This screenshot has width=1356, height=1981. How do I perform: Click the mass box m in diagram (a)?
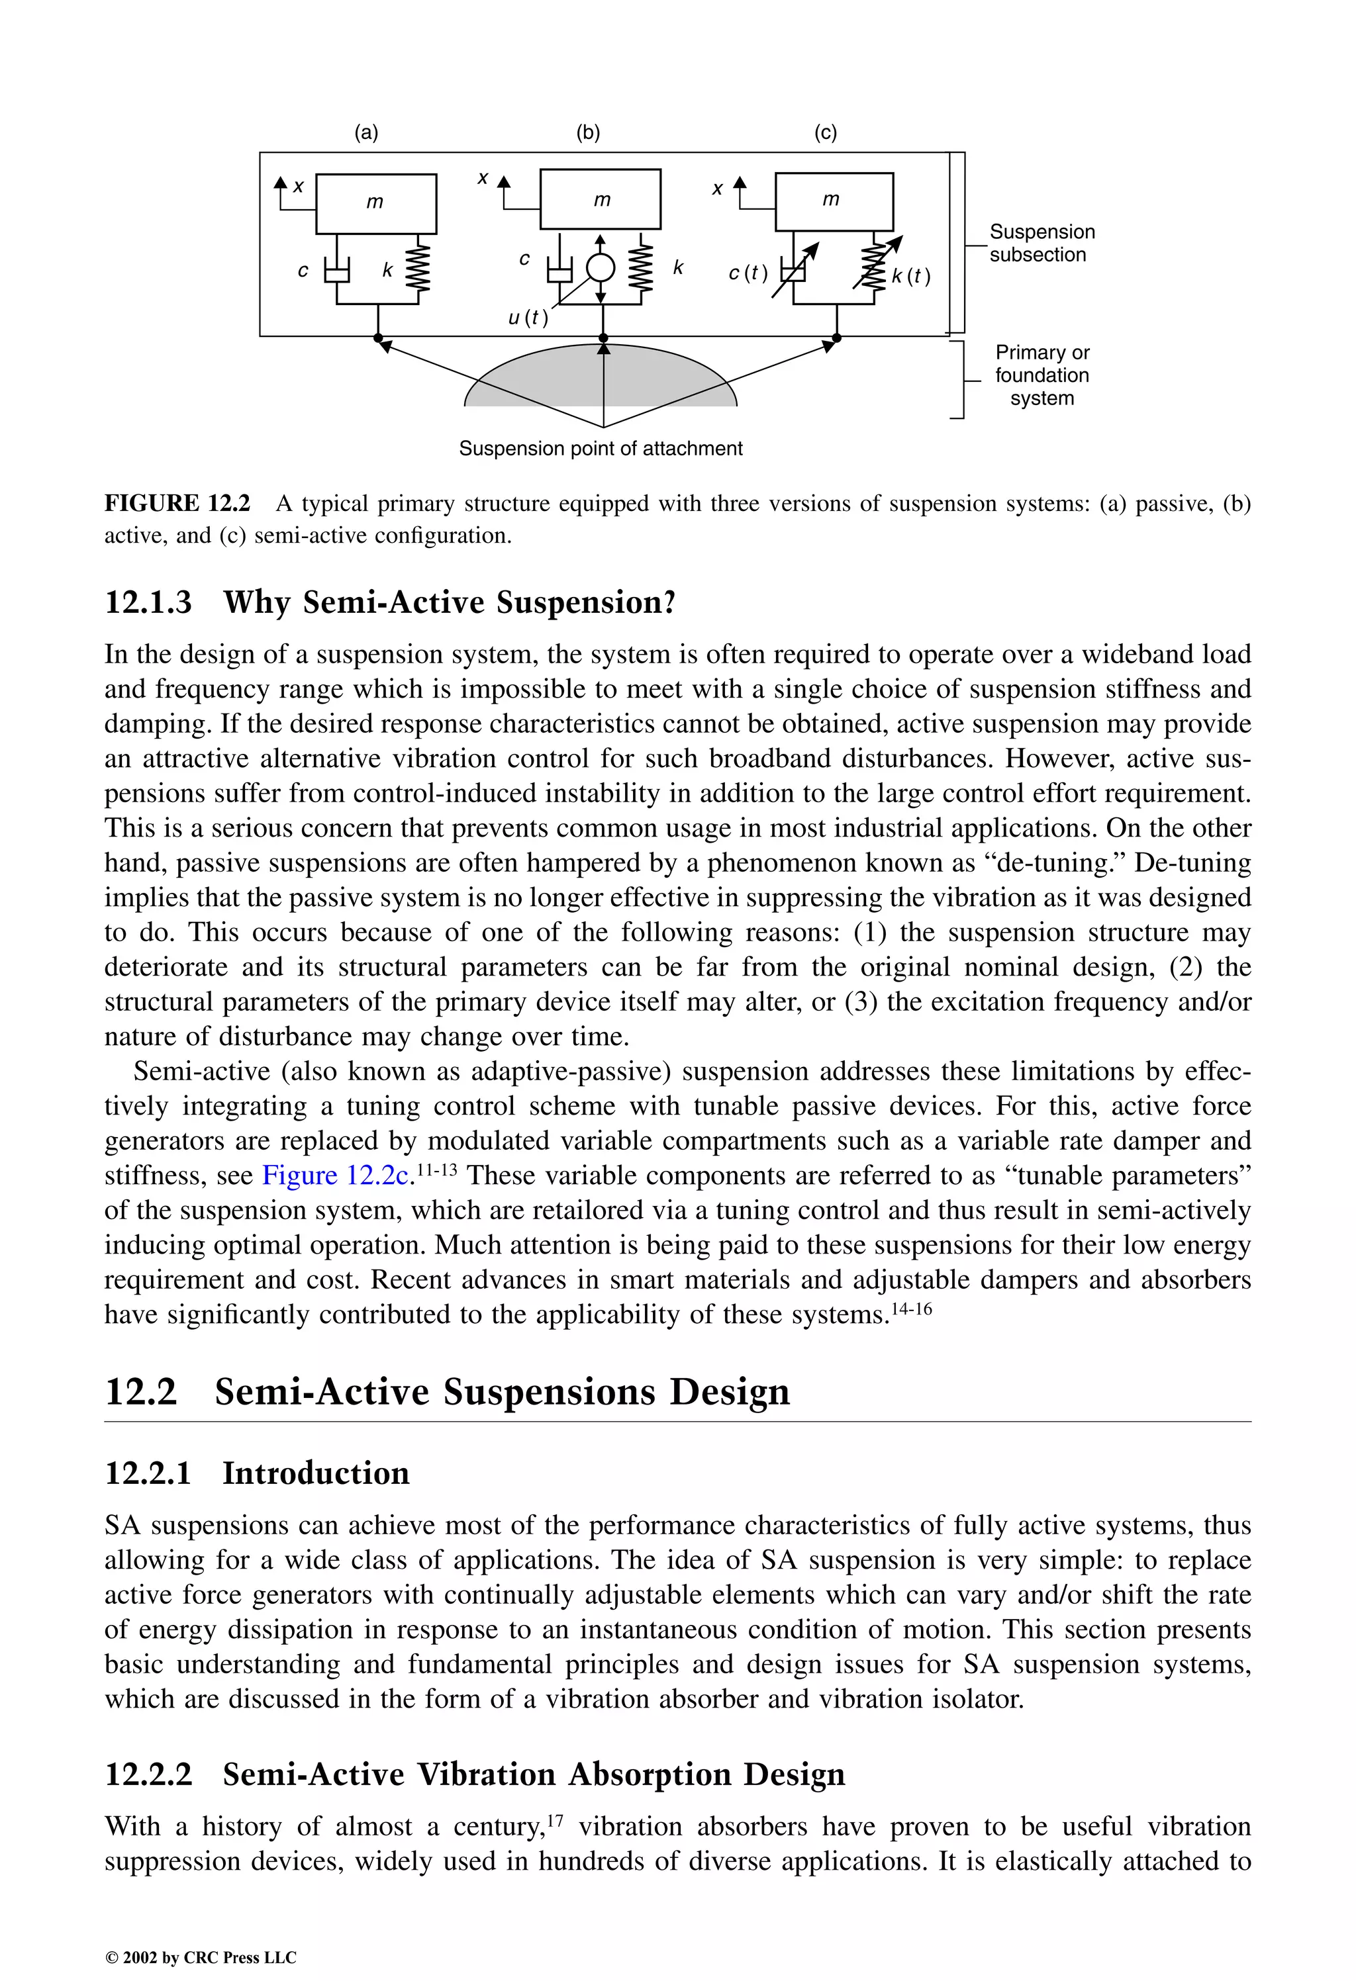[x=376, y=203]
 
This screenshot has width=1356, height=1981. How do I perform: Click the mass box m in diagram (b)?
[x=601, y=199]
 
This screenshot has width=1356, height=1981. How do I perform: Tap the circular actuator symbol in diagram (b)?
[x=601, y=267]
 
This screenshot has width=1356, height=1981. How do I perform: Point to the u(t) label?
[x=528, y=318]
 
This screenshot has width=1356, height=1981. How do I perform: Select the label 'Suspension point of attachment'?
[x=601, y=448]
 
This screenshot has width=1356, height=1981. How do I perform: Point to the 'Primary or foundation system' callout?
[x=1041, y=375]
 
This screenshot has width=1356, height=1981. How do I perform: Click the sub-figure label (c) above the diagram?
[x=825, y=132]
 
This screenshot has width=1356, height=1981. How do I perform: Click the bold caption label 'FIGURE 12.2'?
[x=177, y=503]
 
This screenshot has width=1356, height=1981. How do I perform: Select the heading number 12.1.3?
[x=148, y=603]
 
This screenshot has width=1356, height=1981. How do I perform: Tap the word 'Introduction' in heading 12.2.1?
[x=316, y=1473]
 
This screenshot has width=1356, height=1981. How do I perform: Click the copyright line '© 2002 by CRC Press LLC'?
[x=201, y=1957]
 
